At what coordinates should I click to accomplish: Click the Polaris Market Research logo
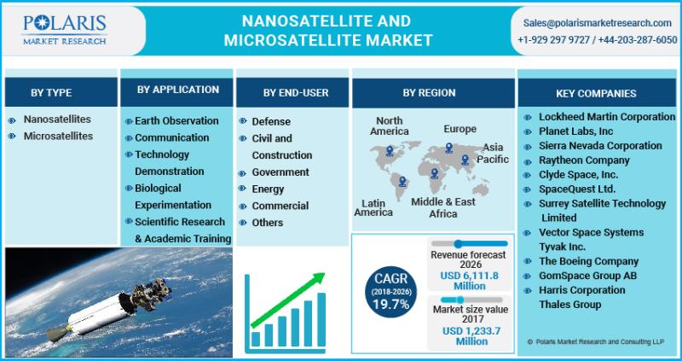(x=65, y=30)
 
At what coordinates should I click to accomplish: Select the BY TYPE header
(x=51, y=93)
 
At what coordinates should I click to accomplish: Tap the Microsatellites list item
(x=58, y=137)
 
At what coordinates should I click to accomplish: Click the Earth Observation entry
(x=176, y=120)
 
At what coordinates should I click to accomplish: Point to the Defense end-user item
(x=271, y=121)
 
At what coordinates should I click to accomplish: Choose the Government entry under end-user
(x=280, y=172)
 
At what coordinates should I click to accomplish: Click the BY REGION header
(x=429, y=93)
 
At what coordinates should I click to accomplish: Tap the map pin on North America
(x=390, y=151)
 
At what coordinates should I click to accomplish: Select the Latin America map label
(x=373, y=207)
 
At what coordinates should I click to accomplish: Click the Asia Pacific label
(x=493, y=154)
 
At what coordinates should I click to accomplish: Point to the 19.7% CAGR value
(x=390, y=304)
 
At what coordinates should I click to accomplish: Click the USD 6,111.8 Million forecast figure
(x=470, y=281)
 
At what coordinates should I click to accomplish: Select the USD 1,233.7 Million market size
(x=471, y=336)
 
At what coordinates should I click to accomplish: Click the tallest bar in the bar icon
(x=321, y=320)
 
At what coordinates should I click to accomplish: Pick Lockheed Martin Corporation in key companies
(x=607, y=117)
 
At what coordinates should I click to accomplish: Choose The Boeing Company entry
(x=588, y=261)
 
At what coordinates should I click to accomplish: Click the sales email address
(x=598, y=23)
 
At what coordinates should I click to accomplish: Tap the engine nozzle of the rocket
(x=57, y=333)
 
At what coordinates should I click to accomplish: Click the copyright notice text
(x=595, y=342)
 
